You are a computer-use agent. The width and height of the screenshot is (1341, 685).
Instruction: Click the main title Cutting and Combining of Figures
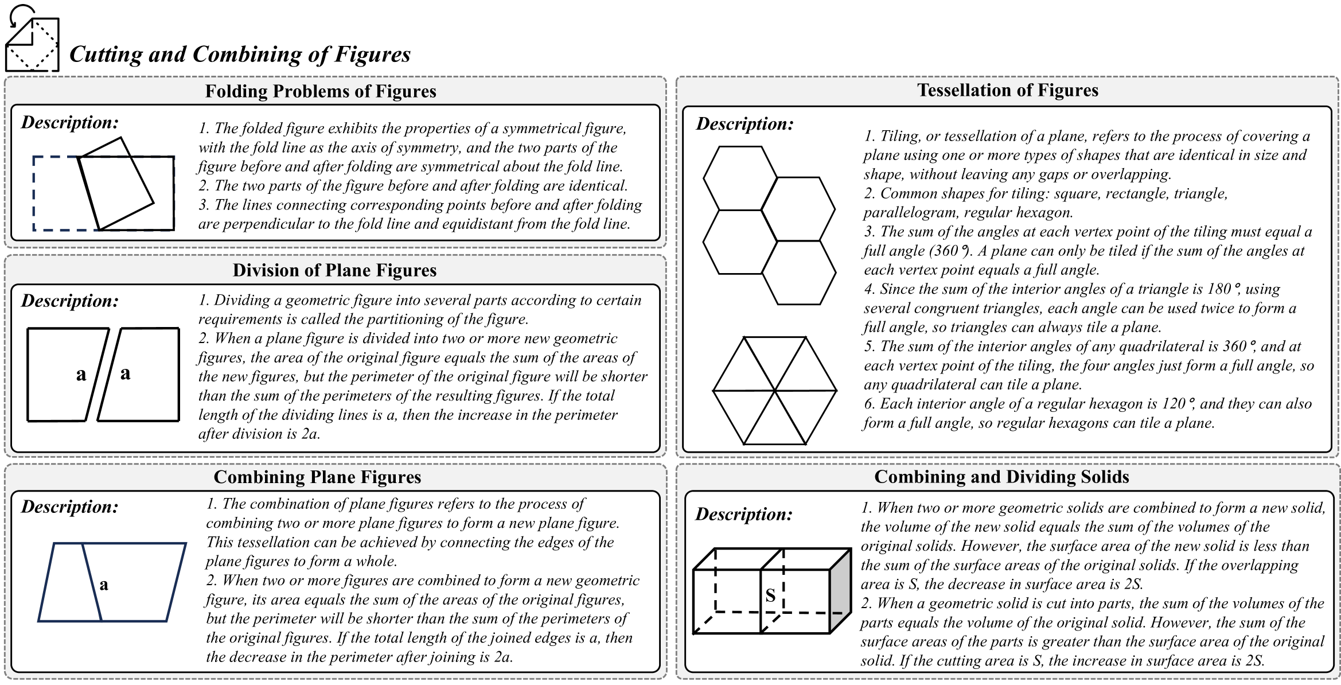[240, 55]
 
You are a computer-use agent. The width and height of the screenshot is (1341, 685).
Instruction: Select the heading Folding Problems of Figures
[321, 91]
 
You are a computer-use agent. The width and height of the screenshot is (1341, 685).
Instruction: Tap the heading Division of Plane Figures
[334, 270]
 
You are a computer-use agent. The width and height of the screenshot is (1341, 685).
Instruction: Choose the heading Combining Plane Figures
[317, 477]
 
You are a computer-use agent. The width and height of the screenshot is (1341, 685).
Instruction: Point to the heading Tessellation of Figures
[1007, 90]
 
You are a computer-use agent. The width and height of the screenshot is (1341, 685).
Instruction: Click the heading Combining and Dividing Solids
[1001, 477]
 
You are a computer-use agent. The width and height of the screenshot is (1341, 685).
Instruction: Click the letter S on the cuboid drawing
[770, 596]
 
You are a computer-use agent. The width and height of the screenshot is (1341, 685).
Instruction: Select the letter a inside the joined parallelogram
[104, 585]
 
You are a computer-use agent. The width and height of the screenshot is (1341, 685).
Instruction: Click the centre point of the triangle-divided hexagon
[775, 391]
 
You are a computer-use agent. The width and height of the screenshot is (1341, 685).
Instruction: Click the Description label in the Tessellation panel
[744, 124]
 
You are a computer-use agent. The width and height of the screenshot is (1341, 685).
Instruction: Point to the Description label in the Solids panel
[744, 514]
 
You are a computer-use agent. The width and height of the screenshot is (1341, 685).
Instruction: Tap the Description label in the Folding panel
[70, 122]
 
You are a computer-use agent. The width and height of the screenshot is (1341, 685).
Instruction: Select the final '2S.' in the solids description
[1252, 661]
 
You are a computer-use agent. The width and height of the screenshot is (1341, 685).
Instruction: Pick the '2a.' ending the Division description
[310, 434]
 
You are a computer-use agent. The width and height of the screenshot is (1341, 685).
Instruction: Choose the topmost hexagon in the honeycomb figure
[740, 178]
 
